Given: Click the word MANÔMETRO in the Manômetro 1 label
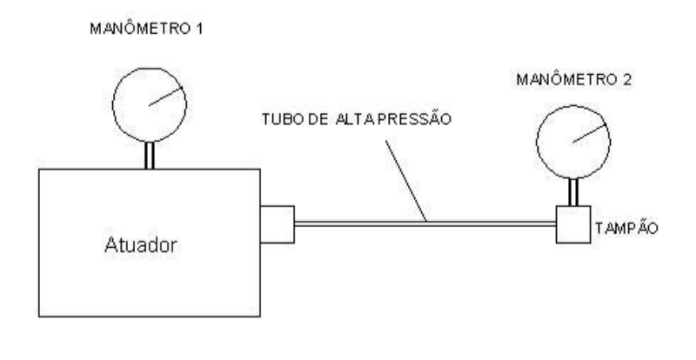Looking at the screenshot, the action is click(x=140, y=29).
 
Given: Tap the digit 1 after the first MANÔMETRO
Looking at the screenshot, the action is click(x=199, y=30).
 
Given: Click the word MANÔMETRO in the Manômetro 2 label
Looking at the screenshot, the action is click(x=567, y=79).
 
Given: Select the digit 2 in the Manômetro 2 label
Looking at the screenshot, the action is click(x=626, y=80).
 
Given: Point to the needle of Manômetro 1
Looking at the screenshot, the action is click(x=165, y=97).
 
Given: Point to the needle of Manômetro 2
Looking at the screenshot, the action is click(x=590, y=133).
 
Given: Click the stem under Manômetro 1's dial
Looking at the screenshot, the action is click(x=150, y=156).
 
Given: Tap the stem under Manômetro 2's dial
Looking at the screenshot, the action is click(x=573, y=192).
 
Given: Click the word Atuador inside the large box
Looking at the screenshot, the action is click(x=141, y=244).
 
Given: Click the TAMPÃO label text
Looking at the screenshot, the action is click(x=626, y=228).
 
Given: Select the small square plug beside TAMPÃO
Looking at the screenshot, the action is click(x=573, y=224).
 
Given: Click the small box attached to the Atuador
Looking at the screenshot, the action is click(x=277, y=224).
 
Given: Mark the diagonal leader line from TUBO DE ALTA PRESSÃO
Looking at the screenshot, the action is click(x=406, y=181).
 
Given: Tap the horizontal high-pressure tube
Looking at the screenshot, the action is click(x=425, y=224).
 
